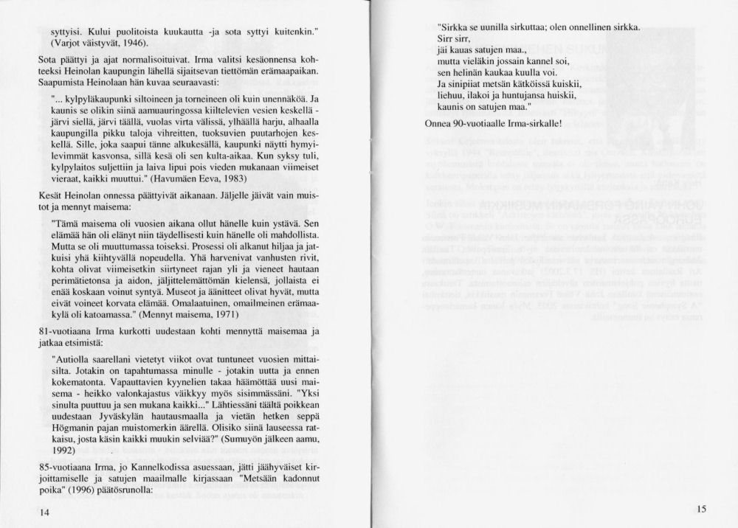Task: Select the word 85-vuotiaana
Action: (66, 465)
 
